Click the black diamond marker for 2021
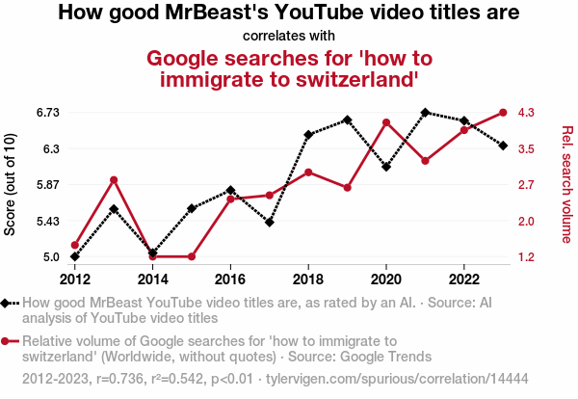pos(425,113)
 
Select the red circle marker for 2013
pos(114,180)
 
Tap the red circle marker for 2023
pos(503,113)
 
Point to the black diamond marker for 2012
pos(75,256)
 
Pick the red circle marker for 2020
pos(386,122)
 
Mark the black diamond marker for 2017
pos(270,223)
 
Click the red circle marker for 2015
pos(192,256)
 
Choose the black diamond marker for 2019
pos(347,120)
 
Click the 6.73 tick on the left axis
pos(48,113)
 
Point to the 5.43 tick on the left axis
pos(48,221)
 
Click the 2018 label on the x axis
pos(308,279)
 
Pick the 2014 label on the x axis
pos(152,279)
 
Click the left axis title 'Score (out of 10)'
pos(11,184)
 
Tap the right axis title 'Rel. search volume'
pos(567,184)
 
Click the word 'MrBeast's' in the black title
pos(206,13)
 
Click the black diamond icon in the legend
pos(9,304)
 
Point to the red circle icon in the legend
pos(9,340)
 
